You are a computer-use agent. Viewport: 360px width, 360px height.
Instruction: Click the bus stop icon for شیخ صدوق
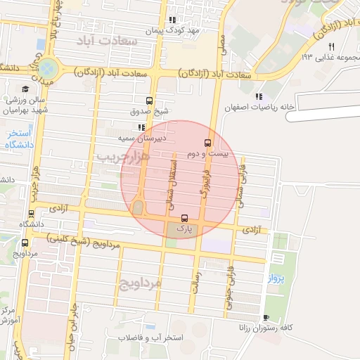point(148,101)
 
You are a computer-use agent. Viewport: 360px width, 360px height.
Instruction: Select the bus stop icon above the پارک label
point(184,218)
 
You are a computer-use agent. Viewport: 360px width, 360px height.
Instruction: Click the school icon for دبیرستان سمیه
point(141,127)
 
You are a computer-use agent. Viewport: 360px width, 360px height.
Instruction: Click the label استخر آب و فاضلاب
point(150,338)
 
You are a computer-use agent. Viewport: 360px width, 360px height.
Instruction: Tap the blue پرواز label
point(274,279)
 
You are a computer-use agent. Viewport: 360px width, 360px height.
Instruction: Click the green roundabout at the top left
point(49,69)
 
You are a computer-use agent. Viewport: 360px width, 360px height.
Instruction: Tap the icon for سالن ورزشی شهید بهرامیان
point(26,89)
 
